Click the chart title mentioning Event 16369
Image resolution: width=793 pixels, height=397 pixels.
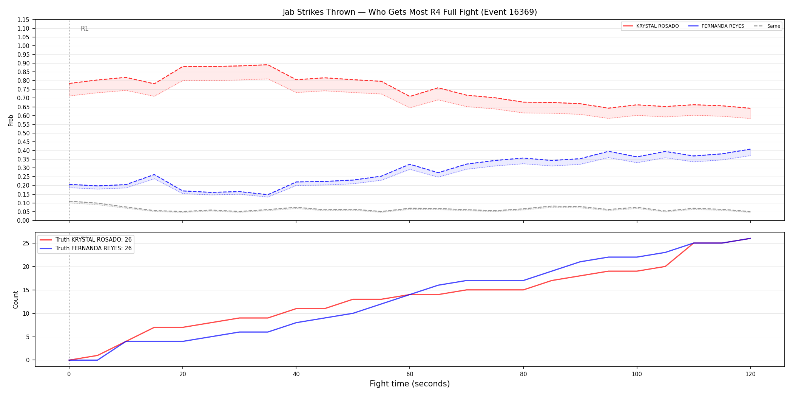point(410,12)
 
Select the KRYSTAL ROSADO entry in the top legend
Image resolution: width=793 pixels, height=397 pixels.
point(651,26)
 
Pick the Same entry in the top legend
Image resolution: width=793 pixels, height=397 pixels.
point(767,26)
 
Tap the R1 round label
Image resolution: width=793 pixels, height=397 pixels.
point(85,28)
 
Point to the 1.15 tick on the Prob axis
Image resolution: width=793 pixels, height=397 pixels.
point(24,20)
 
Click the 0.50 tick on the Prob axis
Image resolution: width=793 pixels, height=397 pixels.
point(24,133)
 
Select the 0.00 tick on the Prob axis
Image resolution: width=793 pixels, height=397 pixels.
point(24,220)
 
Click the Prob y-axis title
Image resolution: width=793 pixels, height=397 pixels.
point(11,120)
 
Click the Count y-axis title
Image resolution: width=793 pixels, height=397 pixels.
point(15,299)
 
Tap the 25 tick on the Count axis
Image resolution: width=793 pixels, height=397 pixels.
point(26,243)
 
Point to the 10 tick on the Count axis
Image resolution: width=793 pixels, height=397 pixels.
point(26,313)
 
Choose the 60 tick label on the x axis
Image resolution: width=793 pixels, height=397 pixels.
point(410,374)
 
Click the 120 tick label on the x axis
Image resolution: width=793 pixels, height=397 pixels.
point(750,374)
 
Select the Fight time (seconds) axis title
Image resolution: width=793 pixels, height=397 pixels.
point(410,384)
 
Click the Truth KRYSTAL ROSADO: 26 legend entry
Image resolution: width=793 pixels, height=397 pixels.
point(86,240)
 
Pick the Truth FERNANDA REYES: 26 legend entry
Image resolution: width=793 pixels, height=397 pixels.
point(86,248)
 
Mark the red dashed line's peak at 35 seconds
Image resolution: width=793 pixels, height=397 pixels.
point(268,65)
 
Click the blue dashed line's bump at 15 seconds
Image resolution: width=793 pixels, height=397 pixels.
point(154,175)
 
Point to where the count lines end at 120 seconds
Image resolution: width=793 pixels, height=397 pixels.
point(750,238)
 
